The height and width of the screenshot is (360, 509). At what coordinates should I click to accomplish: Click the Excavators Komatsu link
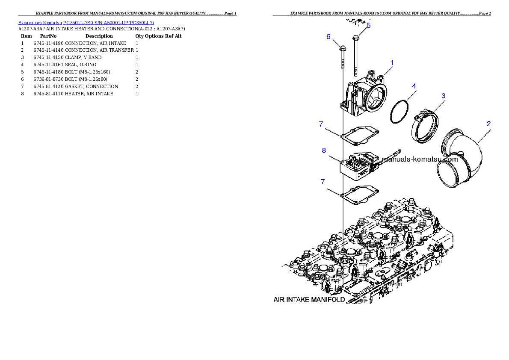point(40,23)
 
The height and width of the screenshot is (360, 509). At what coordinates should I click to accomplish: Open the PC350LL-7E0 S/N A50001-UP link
point(108,23)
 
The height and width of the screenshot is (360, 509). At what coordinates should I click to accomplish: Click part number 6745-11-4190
point(48,43)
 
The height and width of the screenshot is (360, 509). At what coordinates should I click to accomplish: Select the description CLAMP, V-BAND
point(83,57)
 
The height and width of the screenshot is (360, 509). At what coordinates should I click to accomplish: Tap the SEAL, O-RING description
point(80,65)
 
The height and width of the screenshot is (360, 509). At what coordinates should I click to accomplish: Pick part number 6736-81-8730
point(48,79)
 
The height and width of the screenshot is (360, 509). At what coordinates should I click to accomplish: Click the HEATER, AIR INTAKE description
point(89,94)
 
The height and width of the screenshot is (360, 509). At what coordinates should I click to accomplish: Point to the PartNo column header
point(48,36)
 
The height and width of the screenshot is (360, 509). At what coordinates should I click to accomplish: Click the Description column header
point(99,36)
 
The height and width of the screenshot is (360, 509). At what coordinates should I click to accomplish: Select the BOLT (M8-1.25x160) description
point(87,72)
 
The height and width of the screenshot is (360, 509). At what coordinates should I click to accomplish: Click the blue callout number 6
point(328,37)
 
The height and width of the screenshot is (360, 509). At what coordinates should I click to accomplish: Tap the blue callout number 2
point(488,124)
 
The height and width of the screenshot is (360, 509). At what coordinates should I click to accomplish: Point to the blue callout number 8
point(324,150)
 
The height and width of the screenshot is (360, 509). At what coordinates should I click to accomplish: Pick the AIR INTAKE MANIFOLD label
point(309,299)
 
